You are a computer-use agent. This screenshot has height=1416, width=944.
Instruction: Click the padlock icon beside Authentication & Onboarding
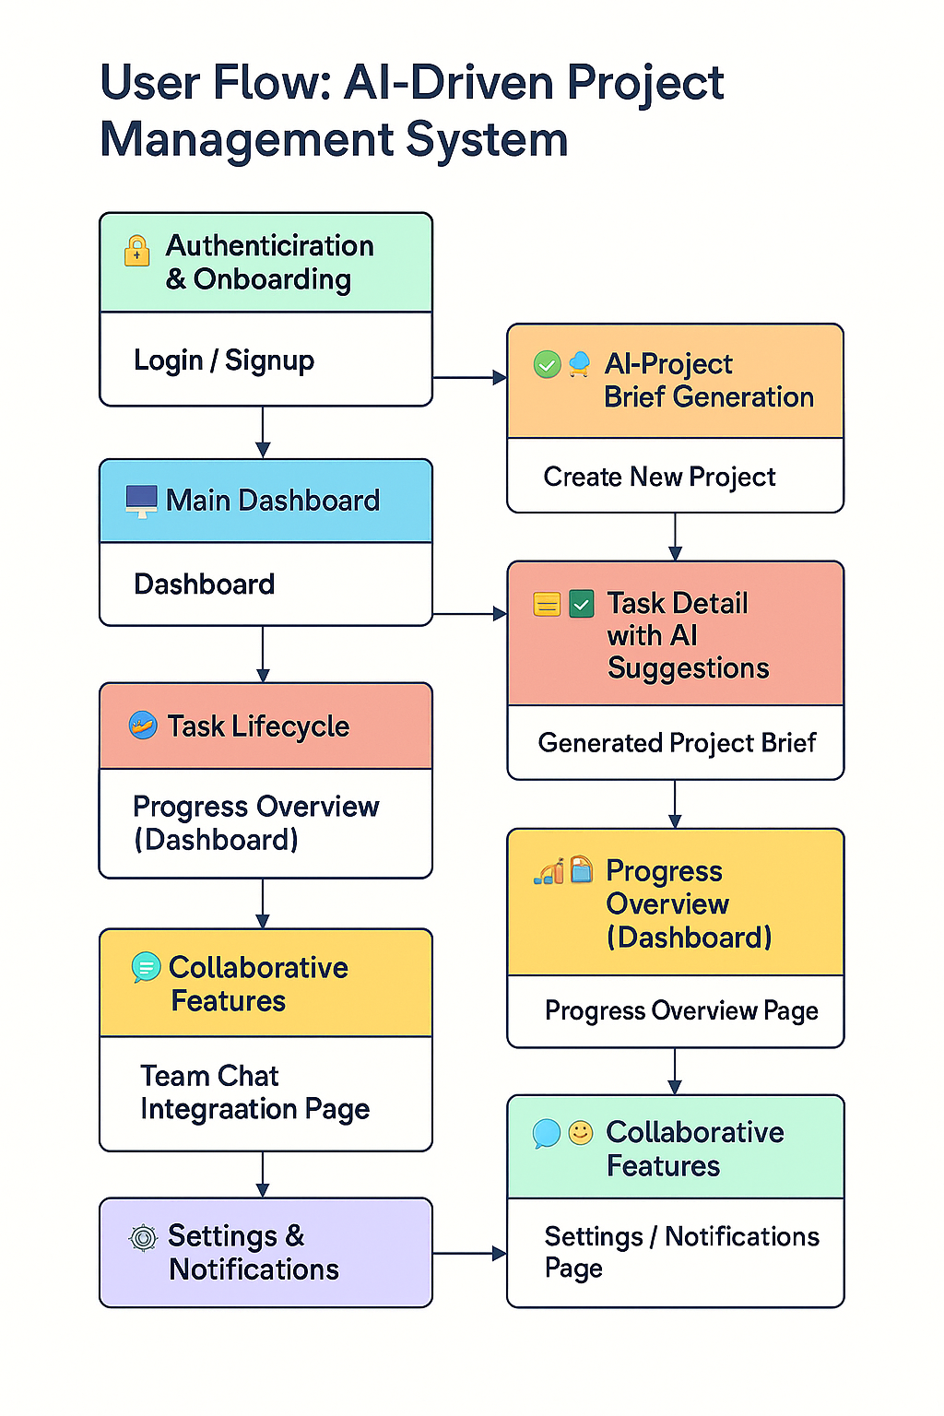136,251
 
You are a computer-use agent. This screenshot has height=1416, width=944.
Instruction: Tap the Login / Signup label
224,360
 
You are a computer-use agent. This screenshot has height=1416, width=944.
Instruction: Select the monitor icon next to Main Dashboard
141,501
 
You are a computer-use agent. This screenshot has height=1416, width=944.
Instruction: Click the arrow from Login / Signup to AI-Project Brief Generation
469,377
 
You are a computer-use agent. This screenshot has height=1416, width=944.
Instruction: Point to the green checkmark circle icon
547,365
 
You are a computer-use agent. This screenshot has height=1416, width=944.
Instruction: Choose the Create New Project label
659,477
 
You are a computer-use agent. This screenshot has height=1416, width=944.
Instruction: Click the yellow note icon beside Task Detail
547,605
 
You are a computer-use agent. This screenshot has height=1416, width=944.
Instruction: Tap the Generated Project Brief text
677,743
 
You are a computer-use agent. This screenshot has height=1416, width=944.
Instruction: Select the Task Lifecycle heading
258,726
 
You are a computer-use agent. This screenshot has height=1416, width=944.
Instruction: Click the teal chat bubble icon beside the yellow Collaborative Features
146,967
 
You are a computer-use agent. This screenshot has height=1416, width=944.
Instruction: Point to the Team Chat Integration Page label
254,1092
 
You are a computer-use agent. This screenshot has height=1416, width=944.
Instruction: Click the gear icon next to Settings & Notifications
143,1237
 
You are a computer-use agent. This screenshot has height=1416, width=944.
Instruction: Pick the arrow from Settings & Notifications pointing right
469,1253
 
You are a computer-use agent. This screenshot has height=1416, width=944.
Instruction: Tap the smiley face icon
581,1132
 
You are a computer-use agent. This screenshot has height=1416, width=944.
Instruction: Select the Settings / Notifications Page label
681,1251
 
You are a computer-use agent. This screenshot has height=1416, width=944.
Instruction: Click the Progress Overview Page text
681,1010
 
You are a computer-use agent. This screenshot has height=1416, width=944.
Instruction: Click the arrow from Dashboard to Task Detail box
469,613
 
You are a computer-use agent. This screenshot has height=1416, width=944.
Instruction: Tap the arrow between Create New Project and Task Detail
675,537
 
